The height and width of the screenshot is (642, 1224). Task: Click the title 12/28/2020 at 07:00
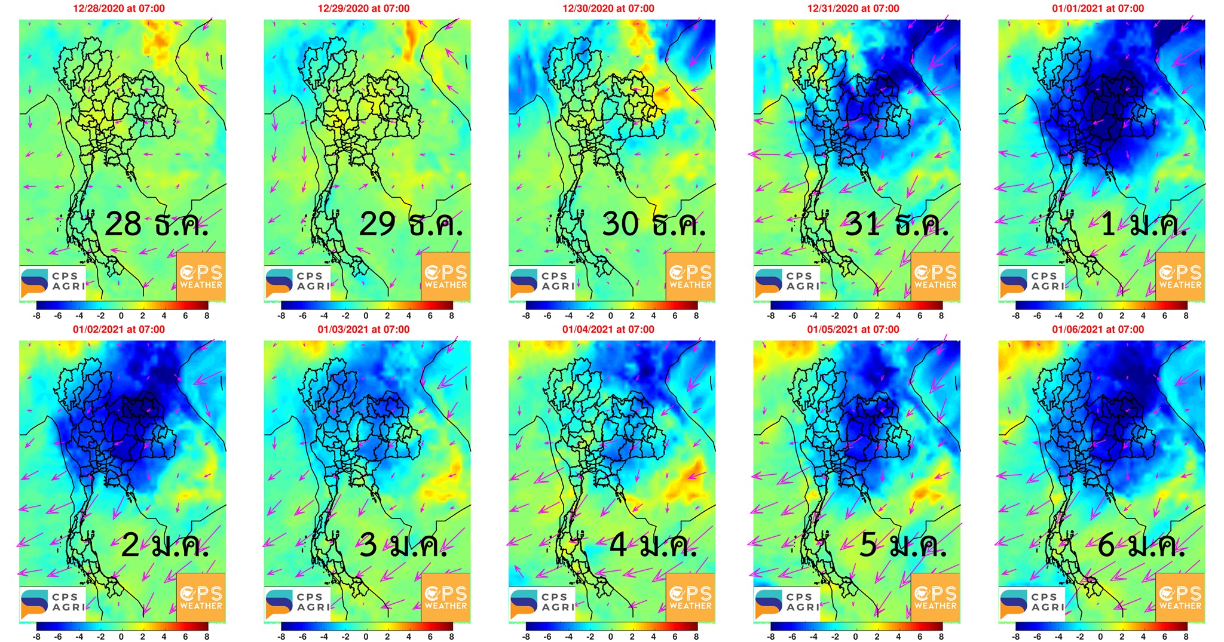click(119, 8)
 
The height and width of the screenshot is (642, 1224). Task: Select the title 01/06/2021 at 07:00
click(1098, 329)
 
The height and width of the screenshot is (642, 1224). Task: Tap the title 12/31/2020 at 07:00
click(853, 8)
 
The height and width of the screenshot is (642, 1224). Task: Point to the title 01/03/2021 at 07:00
click(363, 329)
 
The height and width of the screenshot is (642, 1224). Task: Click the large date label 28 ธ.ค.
click(157, 225)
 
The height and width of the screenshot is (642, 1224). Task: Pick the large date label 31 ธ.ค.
click(896, 225)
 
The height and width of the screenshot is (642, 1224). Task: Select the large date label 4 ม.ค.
click(653, 545)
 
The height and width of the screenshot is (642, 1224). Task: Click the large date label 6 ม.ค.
click(1142, 545)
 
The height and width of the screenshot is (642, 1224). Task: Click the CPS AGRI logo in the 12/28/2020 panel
click(53, 282)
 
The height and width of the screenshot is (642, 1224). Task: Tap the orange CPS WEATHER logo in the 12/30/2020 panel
click(690, 277)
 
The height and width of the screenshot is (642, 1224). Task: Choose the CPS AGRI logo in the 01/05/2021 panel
click(787, 603)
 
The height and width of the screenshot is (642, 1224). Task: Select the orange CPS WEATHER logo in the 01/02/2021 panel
click(201, 597)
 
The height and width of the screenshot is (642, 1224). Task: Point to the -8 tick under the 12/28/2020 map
click(36, 316)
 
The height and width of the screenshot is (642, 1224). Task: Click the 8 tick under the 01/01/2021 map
click(1186, 316)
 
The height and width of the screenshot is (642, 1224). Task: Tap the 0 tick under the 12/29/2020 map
click(366, 316)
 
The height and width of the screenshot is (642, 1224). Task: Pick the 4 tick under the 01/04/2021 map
click(653, 637)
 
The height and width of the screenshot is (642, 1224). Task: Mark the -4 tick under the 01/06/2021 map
click(1058, 637)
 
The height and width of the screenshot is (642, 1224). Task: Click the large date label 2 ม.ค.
click(165, 545)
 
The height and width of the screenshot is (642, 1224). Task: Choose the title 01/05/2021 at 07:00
click(853, 329)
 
